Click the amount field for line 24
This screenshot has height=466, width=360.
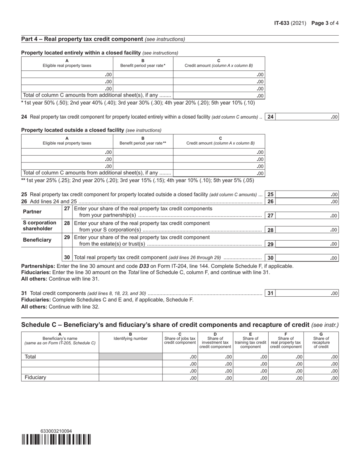coord(307,117)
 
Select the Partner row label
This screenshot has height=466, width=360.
coord(33,212)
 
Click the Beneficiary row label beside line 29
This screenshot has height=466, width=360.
coord(37,240)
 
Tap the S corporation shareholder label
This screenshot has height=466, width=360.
coord(40,226)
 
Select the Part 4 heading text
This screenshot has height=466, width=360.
coord(82,39)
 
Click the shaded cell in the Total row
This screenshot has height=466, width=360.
coord(130,357)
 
